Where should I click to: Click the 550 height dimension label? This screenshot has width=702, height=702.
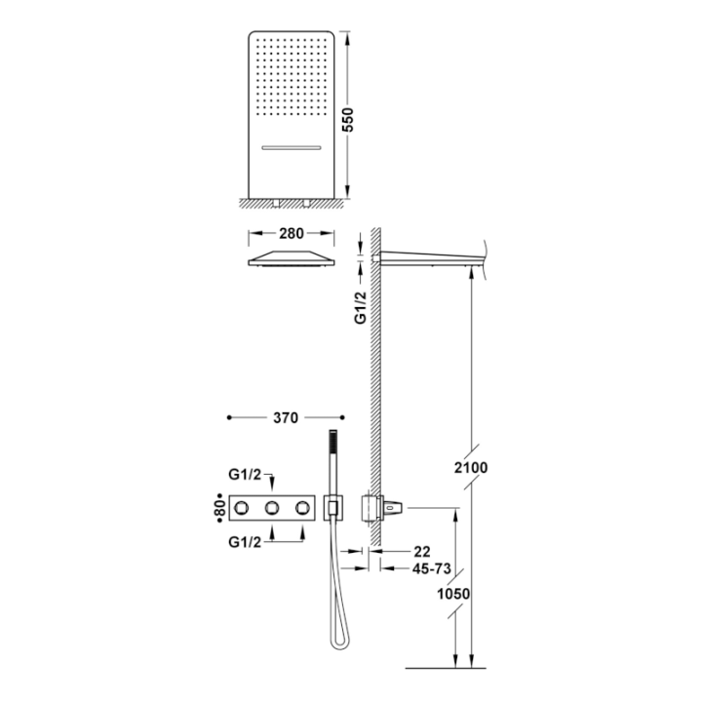click(x=348, y=120)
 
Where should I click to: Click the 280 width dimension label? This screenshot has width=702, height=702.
click(x=291, y=233)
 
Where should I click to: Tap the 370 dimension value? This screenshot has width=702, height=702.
click(x=286, y=417)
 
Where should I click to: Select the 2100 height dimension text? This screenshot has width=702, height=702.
click(x=471, y=467)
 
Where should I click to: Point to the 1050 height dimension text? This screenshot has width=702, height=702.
click(x=453, y=594)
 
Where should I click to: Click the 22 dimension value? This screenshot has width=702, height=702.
click(x=422, y=551)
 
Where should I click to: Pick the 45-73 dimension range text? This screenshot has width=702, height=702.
click(x=431, y=568)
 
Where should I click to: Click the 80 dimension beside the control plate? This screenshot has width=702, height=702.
click(x=219, y=508)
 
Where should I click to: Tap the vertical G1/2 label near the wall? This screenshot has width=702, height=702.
click(x=361, y=307)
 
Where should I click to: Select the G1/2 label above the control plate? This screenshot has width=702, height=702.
click(x=245, y=474)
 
